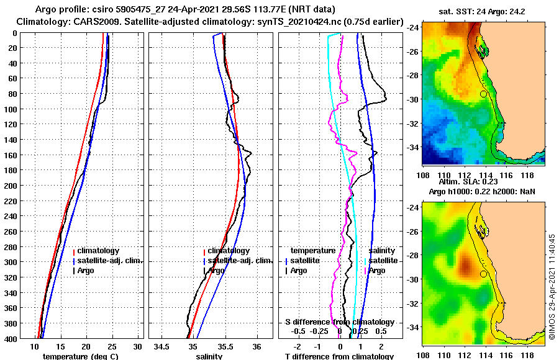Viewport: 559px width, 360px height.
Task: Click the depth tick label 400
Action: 12,338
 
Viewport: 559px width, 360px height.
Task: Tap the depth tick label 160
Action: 12,155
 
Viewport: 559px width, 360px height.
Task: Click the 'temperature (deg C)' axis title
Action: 80,356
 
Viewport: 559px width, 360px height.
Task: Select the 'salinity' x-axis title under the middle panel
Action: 209,356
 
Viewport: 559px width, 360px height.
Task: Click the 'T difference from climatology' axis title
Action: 339,356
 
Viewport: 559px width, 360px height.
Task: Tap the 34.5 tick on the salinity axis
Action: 162,346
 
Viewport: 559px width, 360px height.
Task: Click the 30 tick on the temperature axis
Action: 138,346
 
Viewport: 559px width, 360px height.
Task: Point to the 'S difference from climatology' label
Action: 340,322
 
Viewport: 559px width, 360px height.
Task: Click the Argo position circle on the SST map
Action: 483,94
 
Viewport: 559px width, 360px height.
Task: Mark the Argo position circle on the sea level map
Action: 483,274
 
